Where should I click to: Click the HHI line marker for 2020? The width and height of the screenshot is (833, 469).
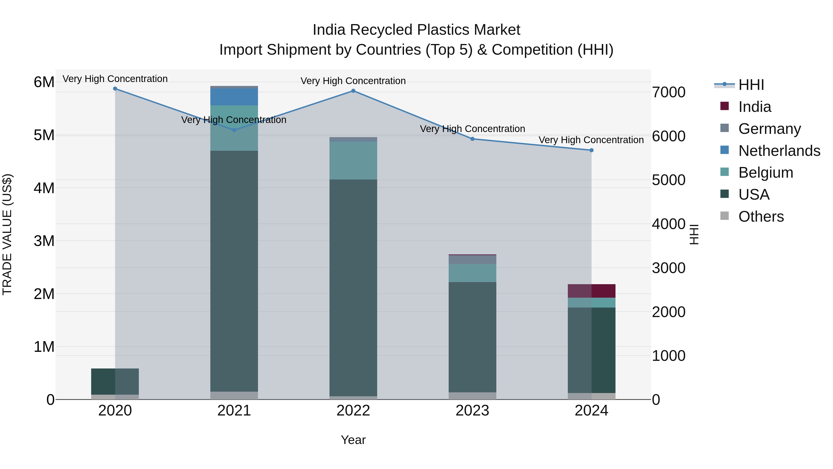pyautogui.click(x=115, y=89)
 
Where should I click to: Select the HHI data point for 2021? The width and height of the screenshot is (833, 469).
pyautogui.click(x=234, y=130)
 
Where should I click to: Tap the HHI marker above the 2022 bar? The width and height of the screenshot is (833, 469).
pyautogui.click(x=353, y=91)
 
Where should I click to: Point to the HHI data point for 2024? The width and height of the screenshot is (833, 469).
pyautogui.click(x=591, y=150)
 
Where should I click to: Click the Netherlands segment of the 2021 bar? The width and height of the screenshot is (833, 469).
pyautogui.click(x=234, y=97)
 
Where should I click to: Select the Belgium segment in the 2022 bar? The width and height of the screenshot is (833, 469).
pyautogui.click(x=353, y=160)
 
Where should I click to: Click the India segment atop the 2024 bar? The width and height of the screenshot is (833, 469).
pyautogui.click(x=591, y=291)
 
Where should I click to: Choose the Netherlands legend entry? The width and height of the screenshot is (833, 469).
pyautogui.click(x=779, y=151)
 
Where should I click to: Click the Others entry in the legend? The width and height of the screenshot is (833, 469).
pyautogui.click(x=761, y=217)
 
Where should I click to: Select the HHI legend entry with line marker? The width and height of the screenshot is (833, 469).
pyautogui.click(x=751, y=85)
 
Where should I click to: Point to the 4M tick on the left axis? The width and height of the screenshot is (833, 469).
pyautogui.click(x=44, y=188)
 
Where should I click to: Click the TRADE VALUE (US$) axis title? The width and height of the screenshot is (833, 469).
pyautogui.click(x=7, y=234)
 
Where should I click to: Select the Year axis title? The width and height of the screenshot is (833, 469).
pyautogui.click(x=353, y=440)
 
